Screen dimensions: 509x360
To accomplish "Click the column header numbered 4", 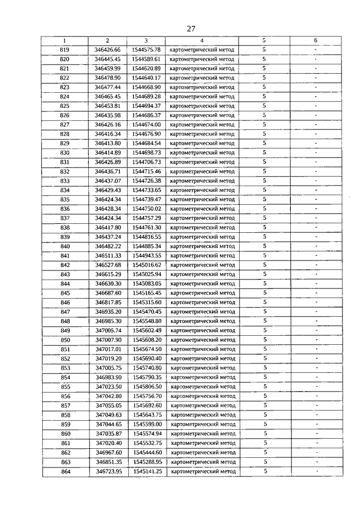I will click(201, 40).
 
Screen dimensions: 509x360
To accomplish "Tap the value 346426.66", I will click(107, 49).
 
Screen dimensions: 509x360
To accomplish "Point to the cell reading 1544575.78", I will click(146, 49).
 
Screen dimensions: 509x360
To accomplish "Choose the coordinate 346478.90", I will click(107, 78).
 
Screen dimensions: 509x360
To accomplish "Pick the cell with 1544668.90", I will click(146, 87).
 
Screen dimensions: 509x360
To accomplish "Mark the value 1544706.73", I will click(146, 162).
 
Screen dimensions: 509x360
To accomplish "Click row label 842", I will click(65, 265).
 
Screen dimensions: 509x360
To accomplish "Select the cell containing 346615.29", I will click(108, 274).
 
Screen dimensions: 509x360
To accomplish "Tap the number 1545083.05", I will click(147, 283).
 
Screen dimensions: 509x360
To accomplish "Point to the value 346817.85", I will click(108, 302).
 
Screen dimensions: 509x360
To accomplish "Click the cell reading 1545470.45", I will click(147, 312).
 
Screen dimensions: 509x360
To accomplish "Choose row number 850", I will click(65, 340).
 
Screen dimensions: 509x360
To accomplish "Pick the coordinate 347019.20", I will click(108, 358).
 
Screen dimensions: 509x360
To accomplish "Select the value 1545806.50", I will click(147, 387).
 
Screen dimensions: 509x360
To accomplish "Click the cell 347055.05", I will click(109, 406).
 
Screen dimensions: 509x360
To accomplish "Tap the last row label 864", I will click(66, 471).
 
